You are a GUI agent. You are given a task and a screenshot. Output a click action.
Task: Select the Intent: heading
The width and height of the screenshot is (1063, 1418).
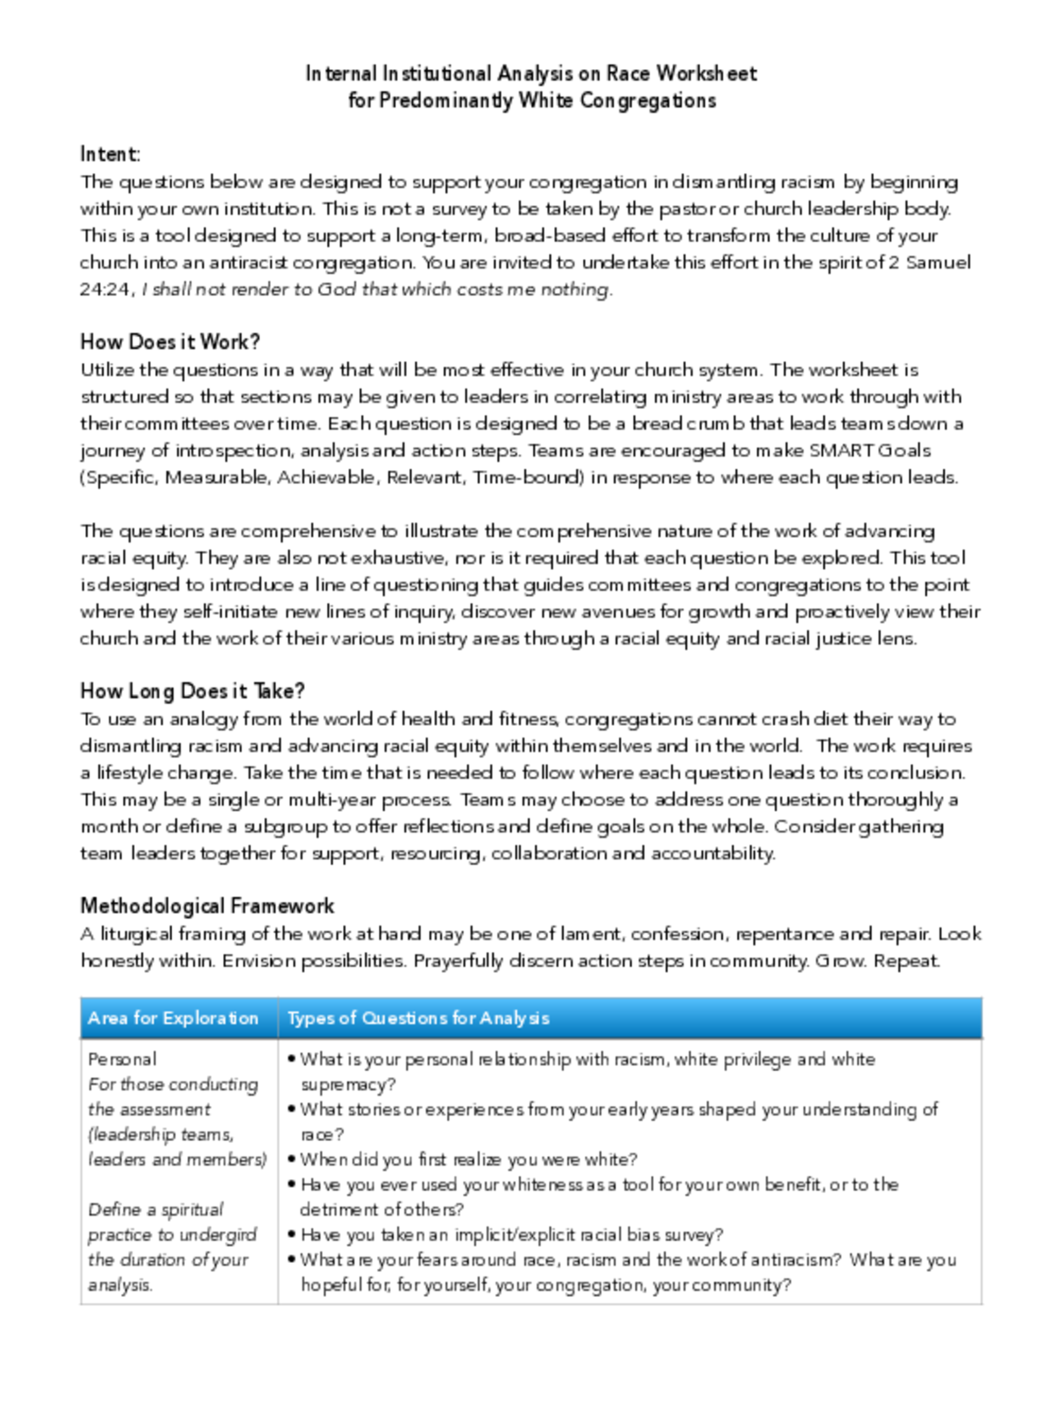point(109,154)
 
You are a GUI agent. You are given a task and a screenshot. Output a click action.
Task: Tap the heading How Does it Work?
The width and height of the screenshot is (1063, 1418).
point(170,342)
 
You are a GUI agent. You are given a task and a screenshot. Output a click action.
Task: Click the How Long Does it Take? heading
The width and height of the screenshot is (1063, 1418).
point(192,691)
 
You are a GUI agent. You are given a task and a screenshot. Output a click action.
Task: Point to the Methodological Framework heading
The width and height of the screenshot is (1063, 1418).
point(207,906)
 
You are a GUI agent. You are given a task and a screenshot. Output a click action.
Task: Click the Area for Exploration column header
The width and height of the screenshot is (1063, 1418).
point(173,1018)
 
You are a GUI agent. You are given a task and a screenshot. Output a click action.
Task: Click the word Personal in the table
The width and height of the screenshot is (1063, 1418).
point(122,1059)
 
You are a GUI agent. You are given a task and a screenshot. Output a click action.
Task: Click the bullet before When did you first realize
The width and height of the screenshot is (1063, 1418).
point(292,1159)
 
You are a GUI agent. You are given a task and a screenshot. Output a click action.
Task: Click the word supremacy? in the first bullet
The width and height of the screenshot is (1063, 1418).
point(348,1085)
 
